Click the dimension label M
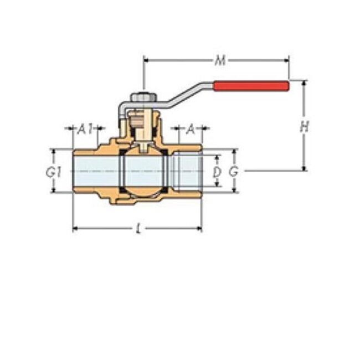click(x=220, y=60)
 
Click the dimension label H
click(x=304, y=127)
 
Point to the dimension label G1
click(x=53, y=171)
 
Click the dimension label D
click(x=217, y=172)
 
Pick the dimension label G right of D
click(x=234, y=172)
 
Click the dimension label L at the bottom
click(x=138, y=229)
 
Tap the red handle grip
click(x=251, y=86)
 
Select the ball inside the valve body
click(x=143, y=171)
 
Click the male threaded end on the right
click(x=188, y=171)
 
